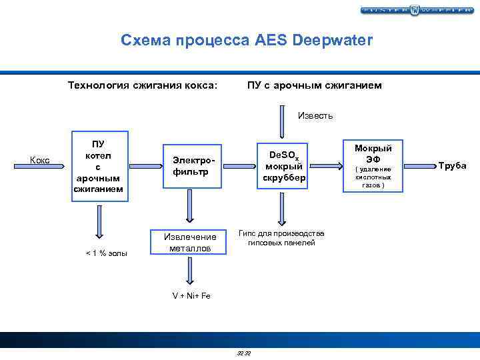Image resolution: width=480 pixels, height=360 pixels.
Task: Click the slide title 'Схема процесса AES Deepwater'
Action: pos(247,40)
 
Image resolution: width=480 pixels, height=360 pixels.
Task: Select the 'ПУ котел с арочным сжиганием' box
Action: pos(99,167)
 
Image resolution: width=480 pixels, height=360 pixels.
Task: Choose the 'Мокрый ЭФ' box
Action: pos(373,166)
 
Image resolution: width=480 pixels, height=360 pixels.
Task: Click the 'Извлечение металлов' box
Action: pos(191,242)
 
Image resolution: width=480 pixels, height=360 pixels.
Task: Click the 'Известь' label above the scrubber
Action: pos(315,116)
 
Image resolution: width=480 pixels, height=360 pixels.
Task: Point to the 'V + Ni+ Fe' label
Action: pos(191,295)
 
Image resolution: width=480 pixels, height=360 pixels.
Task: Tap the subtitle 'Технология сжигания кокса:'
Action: pos(143,85)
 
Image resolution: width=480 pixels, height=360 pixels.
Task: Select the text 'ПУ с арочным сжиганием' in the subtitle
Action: pos(314,85)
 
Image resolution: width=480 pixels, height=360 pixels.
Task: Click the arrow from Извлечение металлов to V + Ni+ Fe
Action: pos(191,271)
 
